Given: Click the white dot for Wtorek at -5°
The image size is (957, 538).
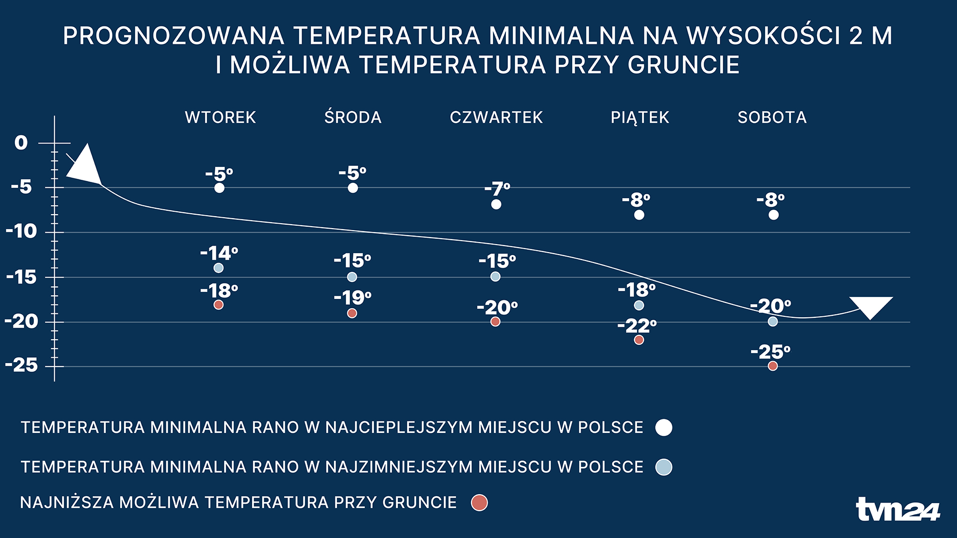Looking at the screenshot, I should coord(219,188).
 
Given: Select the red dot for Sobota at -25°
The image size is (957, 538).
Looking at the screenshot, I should coord(773,366).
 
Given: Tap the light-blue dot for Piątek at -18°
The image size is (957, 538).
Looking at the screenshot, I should coord(639,305).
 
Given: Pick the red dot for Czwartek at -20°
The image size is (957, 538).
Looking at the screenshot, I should coord(495,322).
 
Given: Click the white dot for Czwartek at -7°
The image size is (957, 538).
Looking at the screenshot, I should coord(496,204).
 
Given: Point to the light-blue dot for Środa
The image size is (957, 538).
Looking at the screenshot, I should coord(352,276).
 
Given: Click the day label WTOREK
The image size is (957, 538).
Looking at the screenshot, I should coord(220,118).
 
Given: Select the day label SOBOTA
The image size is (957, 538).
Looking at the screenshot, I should coord(772,118).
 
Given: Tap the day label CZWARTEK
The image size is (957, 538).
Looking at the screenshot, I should coord(496,118).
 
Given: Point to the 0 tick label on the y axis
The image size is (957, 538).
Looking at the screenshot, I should coord(21,143).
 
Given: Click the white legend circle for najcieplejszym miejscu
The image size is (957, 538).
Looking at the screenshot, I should coord(663,427).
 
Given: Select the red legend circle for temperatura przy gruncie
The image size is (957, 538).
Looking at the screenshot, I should coord(479,503).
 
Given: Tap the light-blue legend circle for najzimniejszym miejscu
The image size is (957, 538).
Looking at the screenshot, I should coord(663,467).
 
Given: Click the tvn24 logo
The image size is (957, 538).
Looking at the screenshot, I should coord(898,510).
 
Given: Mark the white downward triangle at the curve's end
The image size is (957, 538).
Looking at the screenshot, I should coord(871,305).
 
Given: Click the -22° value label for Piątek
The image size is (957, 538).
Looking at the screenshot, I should coord(637,326).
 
